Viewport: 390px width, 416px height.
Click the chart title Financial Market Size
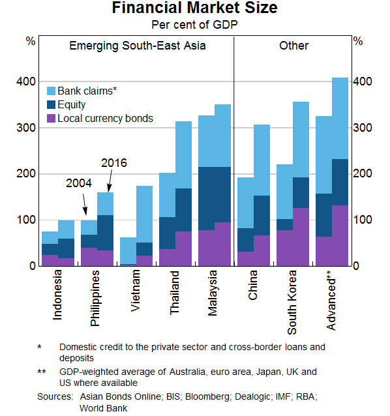(194, 8)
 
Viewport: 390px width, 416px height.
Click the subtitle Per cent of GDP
(194, 25)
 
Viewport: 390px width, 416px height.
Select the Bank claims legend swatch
(51, 91)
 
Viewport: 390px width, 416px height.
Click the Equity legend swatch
(51, 105)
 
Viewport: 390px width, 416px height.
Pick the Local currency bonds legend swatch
(51, 119)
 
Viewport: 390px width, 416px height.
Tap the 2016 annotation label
(113, 163)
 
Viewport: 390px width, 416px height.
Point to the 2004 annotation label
(79, 184)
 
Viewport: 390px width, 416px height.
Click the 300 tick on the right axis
(364, 128)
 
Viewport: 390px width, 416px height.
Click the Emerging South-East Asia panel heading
(137, 46)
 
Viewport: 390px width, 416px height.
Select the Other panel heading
(293, 46)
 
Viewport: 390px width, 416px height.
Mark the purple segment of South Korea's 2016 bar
(301, 237)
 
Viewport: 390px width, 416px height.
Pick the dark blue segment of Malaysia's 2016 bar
(223, 194)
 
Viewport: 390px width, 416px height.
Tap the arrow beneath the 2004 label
(85, 207)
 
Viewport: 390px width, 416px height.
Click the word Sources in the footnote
(55, 396)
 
